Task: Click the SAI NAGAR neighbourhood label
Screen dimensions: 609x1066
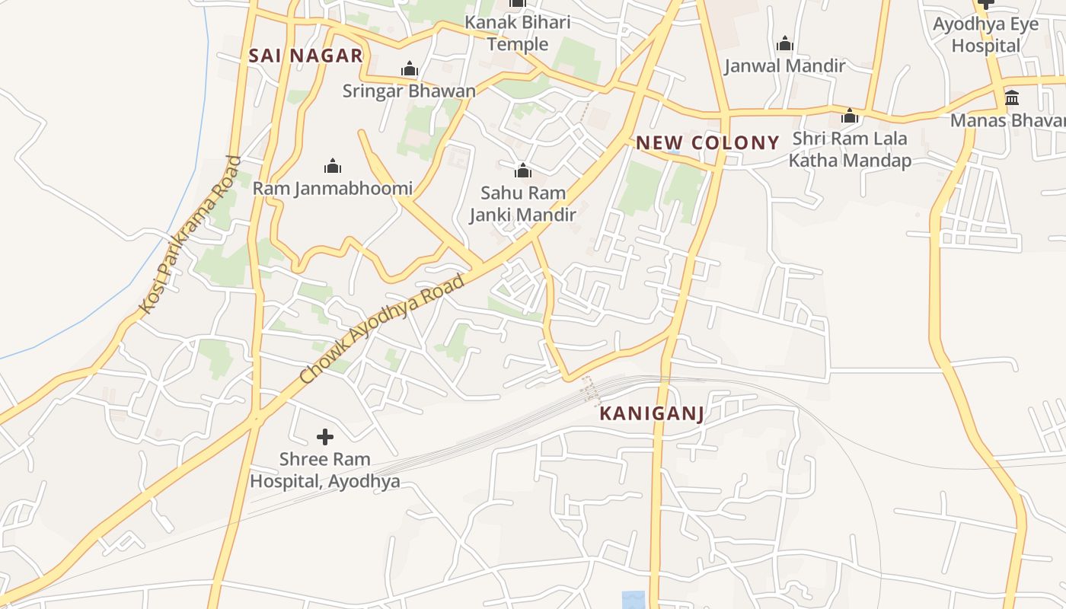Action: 305,56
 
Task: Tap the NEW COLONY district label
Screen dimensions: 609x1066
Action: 707,142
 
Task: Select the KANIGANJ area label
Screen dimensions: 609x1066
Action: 651,413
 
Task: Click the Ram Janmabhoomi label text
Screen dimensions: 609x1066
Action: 333,188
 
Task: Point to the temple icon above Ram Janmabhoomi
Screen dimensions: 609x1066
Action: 333,166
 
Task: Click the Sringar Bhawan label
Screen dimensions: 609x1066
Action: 409,91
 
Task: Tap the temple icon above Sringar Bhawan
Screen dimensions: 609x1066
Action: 410,69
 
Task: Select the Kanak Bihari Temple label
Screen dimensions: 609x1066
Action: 518,33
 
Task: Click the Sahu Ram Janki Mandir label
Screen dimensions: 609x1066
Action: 522,204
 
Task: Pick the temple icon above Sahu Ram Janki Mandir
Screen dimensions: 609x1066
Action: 523,170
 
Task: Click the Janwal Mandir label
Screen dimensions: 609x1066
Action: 784,66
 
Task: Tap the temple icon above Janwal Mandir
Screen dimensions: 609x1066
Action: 785,44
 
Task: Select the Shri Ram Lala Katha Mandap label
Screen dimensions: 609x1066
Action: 850,150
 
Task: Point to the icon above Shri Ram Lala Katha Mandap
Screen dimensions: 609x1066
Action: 850,116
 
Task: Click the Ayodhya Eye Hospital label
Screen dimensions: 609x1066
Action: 986,35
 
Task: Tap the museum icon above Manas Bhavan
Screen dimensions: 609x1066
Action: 1012,98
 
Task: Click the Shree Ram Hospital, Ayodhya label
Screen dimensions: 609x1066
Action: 325,470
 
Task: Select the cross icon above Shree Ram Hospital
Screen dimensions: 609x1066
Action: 325,437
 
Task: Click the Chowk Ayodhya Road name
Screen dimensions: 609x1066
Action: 382,329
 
